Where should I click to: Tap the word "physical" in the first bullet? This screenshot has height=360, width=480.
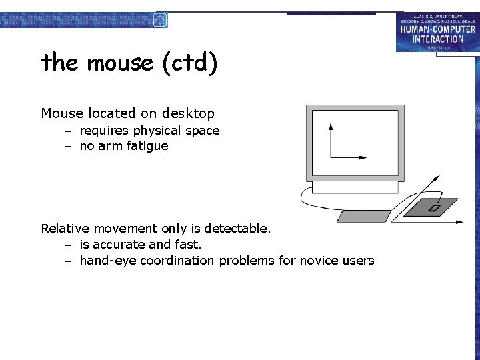pyautogui.click(x=158, y=131)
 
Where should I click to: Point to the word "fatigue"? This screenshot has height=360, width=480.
pyautogui.click(x=145, y=146)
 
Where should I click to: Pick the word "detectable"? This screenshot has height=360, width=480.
pyautogui.click(x=236, y=229)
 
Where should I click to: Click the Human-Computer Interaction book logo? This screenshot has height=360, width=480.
pyautogui.click(x=437, y=31)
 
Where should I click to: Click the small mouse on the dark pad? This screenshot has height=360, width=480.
pyautogui.click(x=434, y=208)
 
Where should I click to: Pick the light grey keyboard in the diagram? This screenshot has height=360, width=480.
pyautogui.click(x=364, y=216)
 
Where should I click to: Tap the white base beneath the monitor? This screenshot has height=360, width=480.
pyautogui.click(x=355, y=187)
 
